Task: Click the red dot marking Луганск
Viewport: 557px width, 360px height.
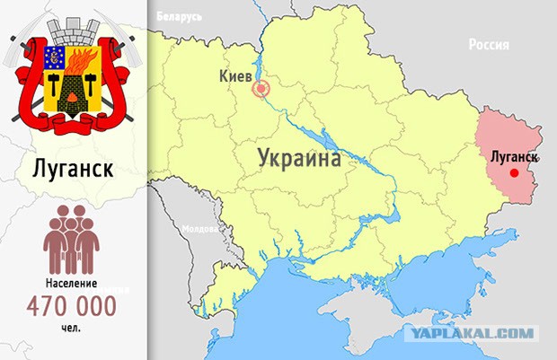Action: (514, 173)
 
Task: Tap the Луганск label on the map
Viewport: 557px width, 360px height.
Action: (515, 156)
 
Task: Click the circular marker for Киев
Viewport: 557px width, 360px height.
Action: (261, 89)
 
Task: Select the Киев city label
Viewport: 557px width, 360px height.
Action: (235, 77)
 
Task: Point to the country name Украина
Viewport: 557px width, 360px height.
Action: (299, 159)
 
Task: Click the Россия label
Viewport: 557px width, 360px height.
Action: (489, 45)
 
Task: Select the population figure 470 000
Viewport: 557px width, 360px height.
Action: (72, 307)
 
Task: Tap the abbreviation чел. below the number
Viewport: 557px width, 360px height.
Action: (72, 329)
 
